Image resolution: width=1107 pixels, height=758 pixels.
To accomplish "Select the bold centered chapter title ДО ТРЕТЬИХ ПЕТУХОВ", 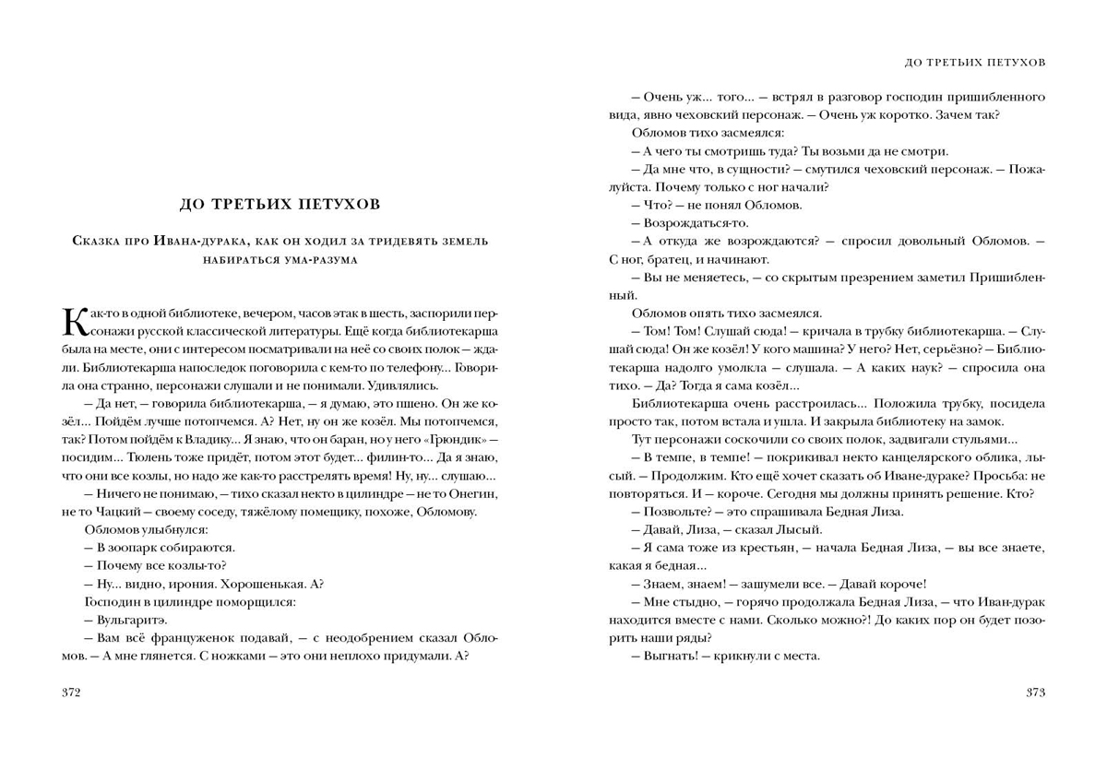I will point(278,203).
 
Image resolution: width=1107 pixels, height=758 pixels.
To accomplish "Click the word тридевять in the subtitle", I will point(377,241).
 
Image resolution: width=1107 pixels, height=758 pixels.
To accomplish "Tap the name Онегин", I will point(475,494).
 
